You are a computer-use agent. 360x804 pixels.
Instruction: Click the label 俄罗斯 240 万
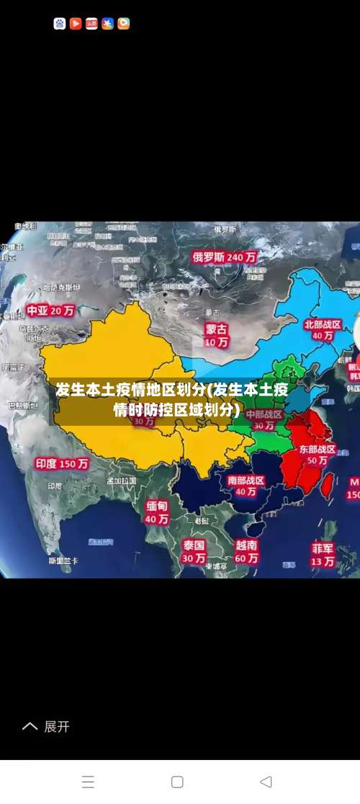point(225,256)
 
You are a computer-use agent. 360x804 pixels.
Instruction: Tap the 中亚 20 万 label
point(51,311)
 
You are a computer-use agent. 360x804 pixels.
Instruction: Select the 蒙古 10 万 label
point(216,335)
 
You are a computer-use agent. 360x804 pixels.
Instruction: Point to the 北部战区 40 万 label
point(322,330)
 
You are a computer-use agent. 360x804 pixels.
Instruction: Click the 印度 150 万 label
point(63,464)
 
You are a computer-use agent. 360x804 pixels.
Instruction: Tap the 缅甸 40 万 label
point(157,512)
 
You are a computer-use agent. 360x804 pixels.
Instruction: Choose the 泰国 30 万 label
point(193,550)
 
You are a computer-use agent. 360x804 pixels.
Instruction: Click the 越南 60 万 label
point(246,551)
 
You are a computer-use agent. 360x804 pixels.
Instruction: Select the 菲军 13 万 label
point(323,554)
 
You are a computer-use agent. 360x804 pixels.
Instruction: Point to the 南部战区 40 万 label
point(246,486)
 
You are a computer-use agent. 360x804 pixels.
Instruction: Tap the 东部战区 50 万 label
point(318,454)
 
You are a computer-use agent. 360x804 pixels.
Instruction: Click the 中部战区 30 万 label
point(264,420)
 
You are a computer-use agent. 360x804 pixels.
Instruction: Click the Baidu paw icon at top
point(60,24)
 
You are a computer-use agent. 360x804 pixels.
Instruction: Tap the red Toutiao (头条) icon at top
point(91,24)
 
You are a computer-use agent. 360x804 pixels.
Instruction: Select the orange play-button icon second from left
point(76,24)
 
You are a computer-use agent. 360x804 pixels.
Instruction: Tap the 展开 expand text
point(56,726)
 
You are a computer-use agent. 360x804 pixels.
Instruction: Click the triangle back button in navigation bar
point(266,782)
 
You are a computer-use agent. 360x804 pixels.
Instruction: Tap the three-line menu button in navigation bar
point(88,782)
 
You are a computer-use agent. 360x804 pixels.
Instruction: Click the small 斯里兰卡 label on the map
point(63,560)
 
